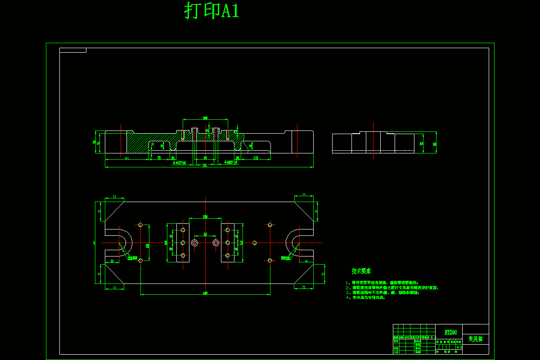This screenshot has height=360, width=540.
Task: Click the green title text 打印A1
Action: click(211, 11)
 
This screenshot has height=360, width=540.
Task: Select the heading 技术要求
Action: click(361, 271)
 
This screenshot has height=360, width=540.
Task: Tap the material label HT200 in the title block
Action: click(450, 333)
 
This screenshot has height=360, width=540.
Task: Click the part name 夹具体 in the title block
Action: click(475, 339)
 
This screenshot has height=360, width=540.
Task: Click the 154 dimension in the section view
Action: click(126, 158)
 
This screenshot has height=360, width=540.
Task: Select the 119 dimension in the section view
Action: click(255, 158)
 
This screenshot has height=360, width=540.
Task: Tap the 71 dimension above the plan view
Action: click(304, 195)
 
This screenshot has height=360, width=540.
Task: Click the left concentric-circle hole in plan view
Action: click(194, 243)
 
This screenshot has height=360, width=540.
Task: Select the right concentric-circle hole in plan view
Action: click(216, 243)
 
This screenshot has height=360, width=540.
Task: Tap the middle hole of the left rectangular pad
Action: click(183, 243)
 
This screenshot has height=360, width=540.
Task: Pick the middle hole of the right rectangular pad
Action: click(228, 243)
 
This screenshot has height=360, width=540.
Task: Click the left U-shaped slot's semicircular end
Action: click(126, 243)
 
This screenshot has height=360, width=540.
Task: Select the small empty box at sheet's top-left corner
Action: click(72, 50)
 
